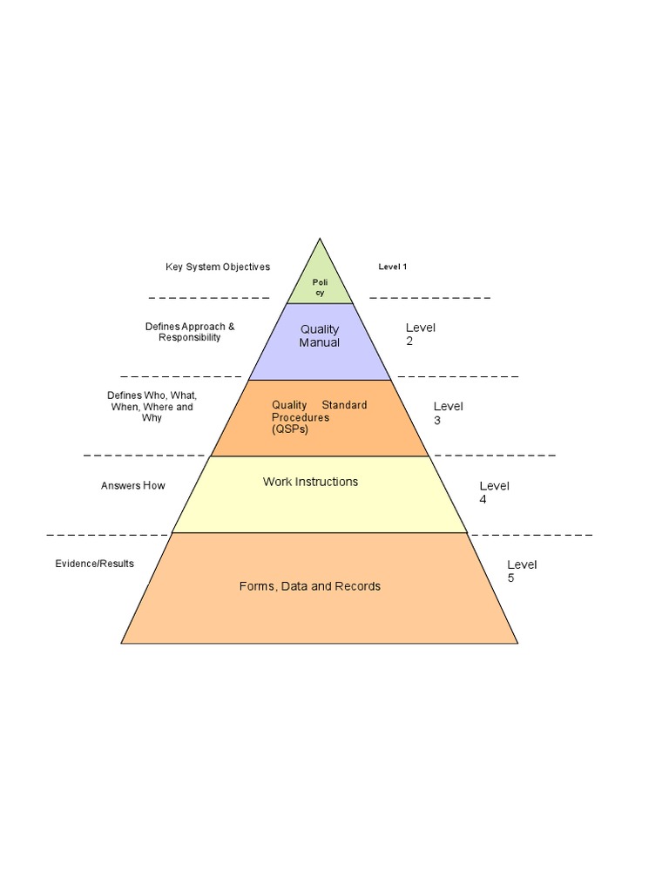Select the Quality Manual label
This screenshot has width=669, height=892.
[x=320, y=335]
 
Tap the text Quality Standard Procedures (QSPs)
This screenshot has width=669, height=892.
[x=319, y=417]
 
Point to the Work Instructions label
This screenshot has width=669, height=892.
[x=310, y=482]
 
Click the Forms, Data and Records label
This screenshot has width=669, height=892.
[x=310, y=586]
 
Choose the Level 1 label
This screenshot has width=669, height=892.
[x=393, y=267]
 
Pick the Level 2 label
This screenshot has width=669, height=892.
[x=420, y=334]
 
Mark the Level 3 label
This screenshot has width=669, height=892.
[x=448, y=413]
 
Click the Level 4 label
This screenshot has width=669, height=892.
[x=494, y=492]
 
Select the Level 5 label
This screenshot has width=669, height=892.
[x=522, y=571]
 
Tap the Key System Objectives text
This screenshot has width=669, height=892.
[x=218, y=267]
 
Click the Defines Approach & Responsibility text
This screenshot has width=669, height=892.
[x=190, y=332]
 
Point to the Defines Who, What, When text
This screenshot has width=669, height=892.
[x=152, y=407]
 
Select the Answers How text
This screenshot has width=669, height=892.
[x=132, y=485]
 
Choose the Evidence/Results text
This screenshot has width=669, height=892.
[x=95, y=564]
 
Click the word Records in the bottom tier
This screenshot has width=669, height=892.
[x=358, y=586]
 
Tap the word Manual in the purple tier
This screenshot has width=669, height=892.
[x=320, y=342]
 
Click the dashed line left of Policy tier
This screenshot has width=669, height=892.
[x=209, y=298]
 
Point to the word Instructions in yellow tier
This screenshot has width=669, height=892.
[x=327, y=482]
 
